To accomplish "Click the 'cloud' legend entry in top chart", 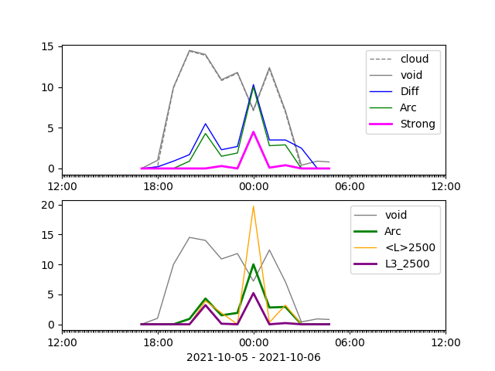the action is pos(415,59).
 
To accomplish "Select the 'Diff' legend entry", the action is pos(409,91).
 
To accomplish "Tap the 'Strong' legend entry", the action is pos(418,124).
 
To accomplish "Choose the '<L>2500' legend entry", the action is pos(410,247).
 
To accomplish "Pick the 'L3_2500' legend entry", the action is pos(408,264).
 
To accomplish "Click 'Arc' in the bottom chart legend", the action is pos(392,231).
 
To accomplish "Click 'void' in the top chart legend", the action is pos(411,75).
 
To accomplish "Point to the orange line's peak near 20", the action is pos(253,206).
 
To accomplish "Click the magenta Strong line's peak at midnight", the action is pos(253,132).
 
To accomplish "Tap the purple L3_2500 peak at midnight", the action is pos(253,294).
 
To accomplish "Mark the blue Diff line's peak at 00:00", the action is pos(253,85).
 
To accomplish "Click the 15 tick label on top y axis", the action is pos(47,46).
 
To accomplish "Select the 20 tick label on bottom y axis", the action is pos(47,205).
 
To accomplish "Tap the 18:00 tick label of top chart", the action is pos(158,186).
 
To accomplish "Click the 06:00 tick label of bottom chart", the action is pos(350,342).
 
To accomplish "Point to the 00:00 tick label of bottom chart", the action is pos(254,342).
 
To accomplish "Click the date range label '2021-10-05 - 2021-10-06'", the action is pos(254,357).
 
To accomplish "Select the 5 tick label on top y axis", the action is pos(51,128).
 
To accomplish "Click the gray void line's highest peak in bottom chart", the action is pos(189,237).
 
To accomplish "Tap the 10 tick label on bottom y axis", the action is pos(47,265).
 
